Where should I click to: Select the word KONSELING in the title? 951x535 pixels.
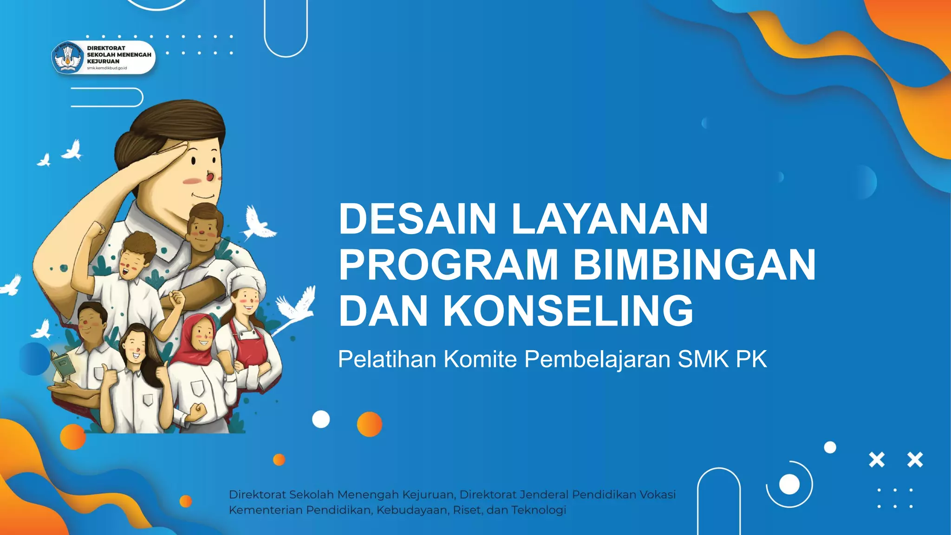tap(568, 311)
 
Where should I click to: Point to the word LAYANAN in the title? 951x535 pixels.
tap(610, 219)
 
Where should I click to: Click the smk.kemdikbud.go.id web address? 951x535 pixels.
tap(107, 68)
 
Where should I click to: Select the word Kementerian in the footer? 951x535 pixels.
tap(266, 510)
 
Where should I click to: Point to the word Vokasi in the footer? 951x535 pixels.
tap(658, 495)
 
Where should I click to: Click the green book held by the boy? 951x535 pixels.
tap(62, 365)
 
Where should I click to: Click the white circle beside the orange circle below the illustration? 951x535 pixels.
tap(321, 419)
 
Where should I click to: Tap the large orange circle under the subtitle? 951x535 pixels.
tap(370, 424)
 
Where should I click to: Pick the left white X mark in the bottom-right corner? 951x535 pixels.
tap(877, 460)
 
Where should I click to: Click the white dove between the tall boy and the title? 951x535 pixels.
tap(258, 223)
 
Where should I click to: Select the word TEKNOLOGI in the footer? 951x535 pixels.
tap(539, 510)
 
